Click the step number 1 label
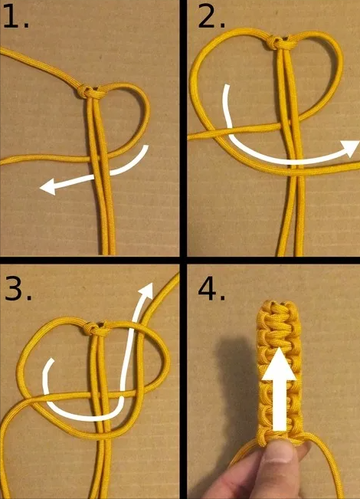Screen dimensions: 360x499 [x=16, y=18]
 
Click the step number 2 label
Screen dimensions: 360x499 [x=211, y=18]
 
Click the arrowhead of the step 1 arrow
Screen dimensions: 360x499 [x=47, y=187]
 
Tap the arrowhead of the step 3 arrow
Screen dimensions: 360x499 [x=146, y=291]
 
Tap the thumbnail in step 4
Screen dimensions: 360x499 [x=279, y=451]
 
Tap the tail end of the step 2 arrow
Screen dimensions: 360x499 [x=227, y=87]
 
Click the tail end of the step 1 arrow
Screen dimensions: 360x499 [x=146, y=148]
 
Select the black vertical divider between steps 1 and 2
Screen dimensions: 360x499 [x=183, y=128]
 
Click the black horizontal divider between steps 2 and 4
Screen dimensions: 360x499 [x=273, y=261]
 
